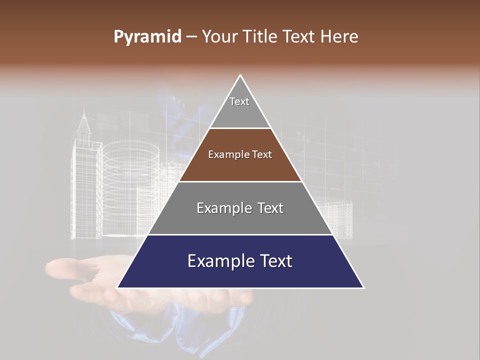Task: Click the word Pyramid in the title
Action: [x=147, y=37]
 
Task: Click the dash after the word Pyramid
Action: [x=191, y=37]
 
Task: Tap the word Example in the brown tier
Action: [x=226, y=154]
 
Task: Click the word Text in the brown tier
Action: [x=262, y=154]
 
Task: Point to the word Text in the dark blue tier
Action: [x=274, y=261]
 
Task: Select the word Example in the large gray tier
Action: [x=222, y=208]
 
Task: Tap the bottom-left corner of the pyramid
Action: [x=118, y=287]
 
